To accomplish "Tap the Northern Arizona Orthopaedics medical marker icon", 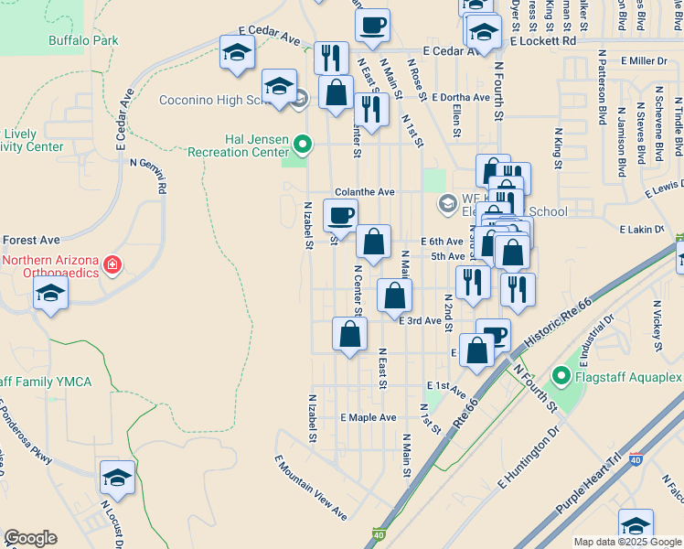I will (x=112, y=265).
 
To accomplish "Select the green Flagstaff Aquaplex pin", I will (x=561, y=376).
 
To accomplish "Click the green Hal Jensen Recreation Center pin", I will (x=304, y=144).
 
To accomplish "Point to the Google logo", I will (x=30, y=538).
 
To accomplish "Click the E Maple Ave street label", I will (x=368, y=417).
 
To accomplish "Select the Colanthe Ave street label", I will (x=364, y=192).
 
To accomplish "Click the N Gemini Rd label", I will (x=149, y=175).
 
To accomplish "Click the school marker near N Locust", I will (x=117, y=478).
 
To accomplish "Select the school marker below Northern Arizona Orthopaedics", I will (x=50, y=294).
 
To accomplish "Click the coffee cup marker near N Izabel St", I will (x=340, y=216).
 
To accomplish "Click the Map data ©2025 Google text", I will (x=626, y=542).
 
